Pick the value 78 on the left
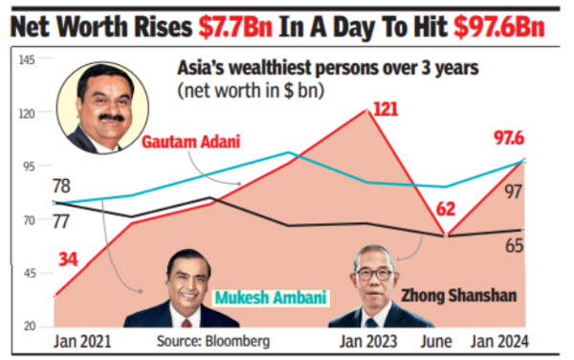point(62,186)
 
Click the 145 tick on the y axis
point(28,60)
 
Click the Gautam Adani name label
point(190,142)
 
